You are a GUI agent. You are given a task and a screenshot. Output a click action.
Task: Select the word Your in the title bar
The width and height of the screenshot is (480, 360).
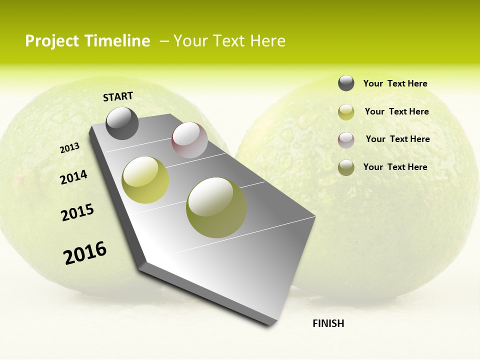coord(190,41)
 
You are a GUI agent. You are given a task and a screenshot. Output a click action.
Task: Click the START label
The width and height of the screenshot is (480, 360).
coord(118,96)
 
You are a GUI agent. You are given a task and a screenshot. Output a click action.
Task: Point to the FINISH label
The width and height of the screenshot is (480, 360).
coord(328,323)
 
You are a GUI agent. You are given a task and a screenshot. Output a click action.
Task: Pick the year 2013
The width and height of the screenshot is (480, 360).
coord(69,148)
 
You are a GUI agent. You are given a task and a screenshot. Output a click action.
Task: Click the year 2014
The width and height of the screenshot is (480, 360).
coord(74,177)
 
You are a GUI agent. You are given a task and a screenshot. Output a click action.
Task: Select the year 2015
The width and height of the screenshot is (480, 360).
coord(77,212)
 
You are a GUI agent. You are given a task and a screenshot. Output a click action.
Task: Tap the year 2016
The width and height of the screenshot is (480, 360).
coord(85,253)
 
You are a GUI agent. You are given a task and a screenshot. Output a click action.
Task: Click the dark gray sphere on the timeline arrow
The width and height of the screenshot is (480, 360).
coord(122,123)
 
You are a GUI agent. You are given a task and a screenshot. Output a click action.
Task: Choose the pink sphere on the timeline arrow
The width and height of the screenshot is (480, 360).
coord(189,140)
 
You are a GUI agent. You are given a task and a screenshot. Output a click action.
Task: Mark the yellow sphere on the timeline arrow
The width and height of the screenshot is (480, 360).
coord(145,180)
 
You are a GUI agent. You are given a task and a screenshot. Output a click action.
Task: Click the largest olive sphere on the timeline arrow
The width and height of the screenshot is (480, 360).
coord(216,207)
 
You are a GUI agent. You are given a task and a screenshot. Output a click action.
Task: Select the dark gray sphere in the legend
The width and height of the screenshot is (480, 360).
coord(346,83)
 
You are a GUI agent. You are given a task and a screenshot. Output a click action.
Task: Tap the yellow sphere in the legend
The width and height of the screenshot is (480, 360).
coord(346,112)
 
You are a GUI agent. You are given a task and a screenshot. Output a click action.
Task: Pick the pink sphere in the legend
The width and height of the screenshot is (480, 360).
coord(346,140)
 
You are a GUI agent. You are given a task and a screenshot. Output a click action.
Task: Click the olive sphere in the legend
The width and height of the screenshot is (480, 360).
coord(346,167)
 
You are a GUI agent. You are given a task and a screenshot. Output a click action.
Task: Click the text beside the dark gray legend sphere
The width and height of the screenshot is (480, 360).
coord(395,84)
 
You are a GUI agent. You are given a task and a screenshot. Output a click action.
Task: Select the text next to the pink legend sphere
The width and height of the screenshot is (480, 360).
coord(397,139)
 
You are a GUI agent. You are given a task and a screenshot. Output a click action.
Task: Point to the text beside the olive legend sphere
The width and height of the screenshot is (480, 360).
coord(395,167)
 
